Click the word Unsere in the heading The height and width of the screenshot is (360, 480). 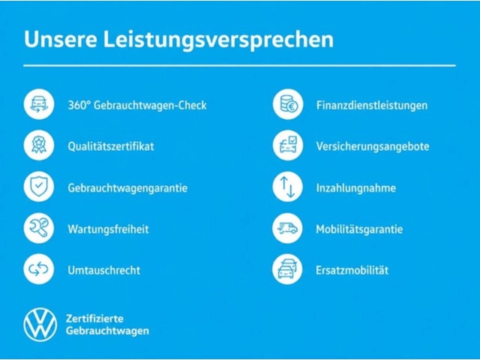click(x=61, y=39)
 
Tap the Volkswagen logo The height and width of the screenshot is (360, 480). click(x=40, y=325)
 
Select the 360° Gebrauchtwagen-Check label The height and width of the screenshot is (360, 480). click(x=137, y=105)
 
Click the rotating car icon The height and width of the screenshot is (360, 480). click(x=39, y=104)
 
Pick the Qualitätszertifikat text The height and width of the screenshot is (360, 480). click(x=111, y=146)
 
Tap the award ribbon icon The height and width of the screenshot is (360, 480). click(x=39, y=145)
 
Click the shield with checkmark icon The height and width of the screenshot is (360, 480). click(x=39, y=187)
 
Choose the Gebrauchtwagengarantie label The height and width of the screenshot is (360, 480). click(x=127, y=188)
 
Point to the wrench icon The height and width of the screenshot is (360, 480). click(x=39, y=228)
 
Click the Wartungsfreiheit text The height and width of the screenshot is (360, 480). click(x=108, y=229)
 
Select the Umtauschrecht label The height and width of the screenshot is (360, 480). click(x=104, y=270)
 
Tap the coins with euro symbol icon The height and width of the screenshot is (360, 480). click(x=288, y=104)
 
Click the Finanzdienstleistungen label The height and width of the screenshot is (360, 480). click(x=372, y=106)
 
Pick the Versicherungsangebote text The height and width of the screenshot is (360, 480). click(x=373, y=147)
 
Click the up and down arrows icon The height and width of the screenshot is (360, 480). click(x=288, y=187)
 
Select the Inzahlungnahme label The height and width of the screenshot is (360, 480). click(x=356, y=188)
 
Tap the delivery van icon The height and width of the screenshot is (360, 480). click(x=287, y=228)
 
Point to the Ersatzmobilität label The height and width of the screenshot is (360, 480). click(x=352, y=270)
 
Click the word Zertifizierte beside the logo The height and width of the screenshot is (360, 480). click(x=94, y=319)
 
